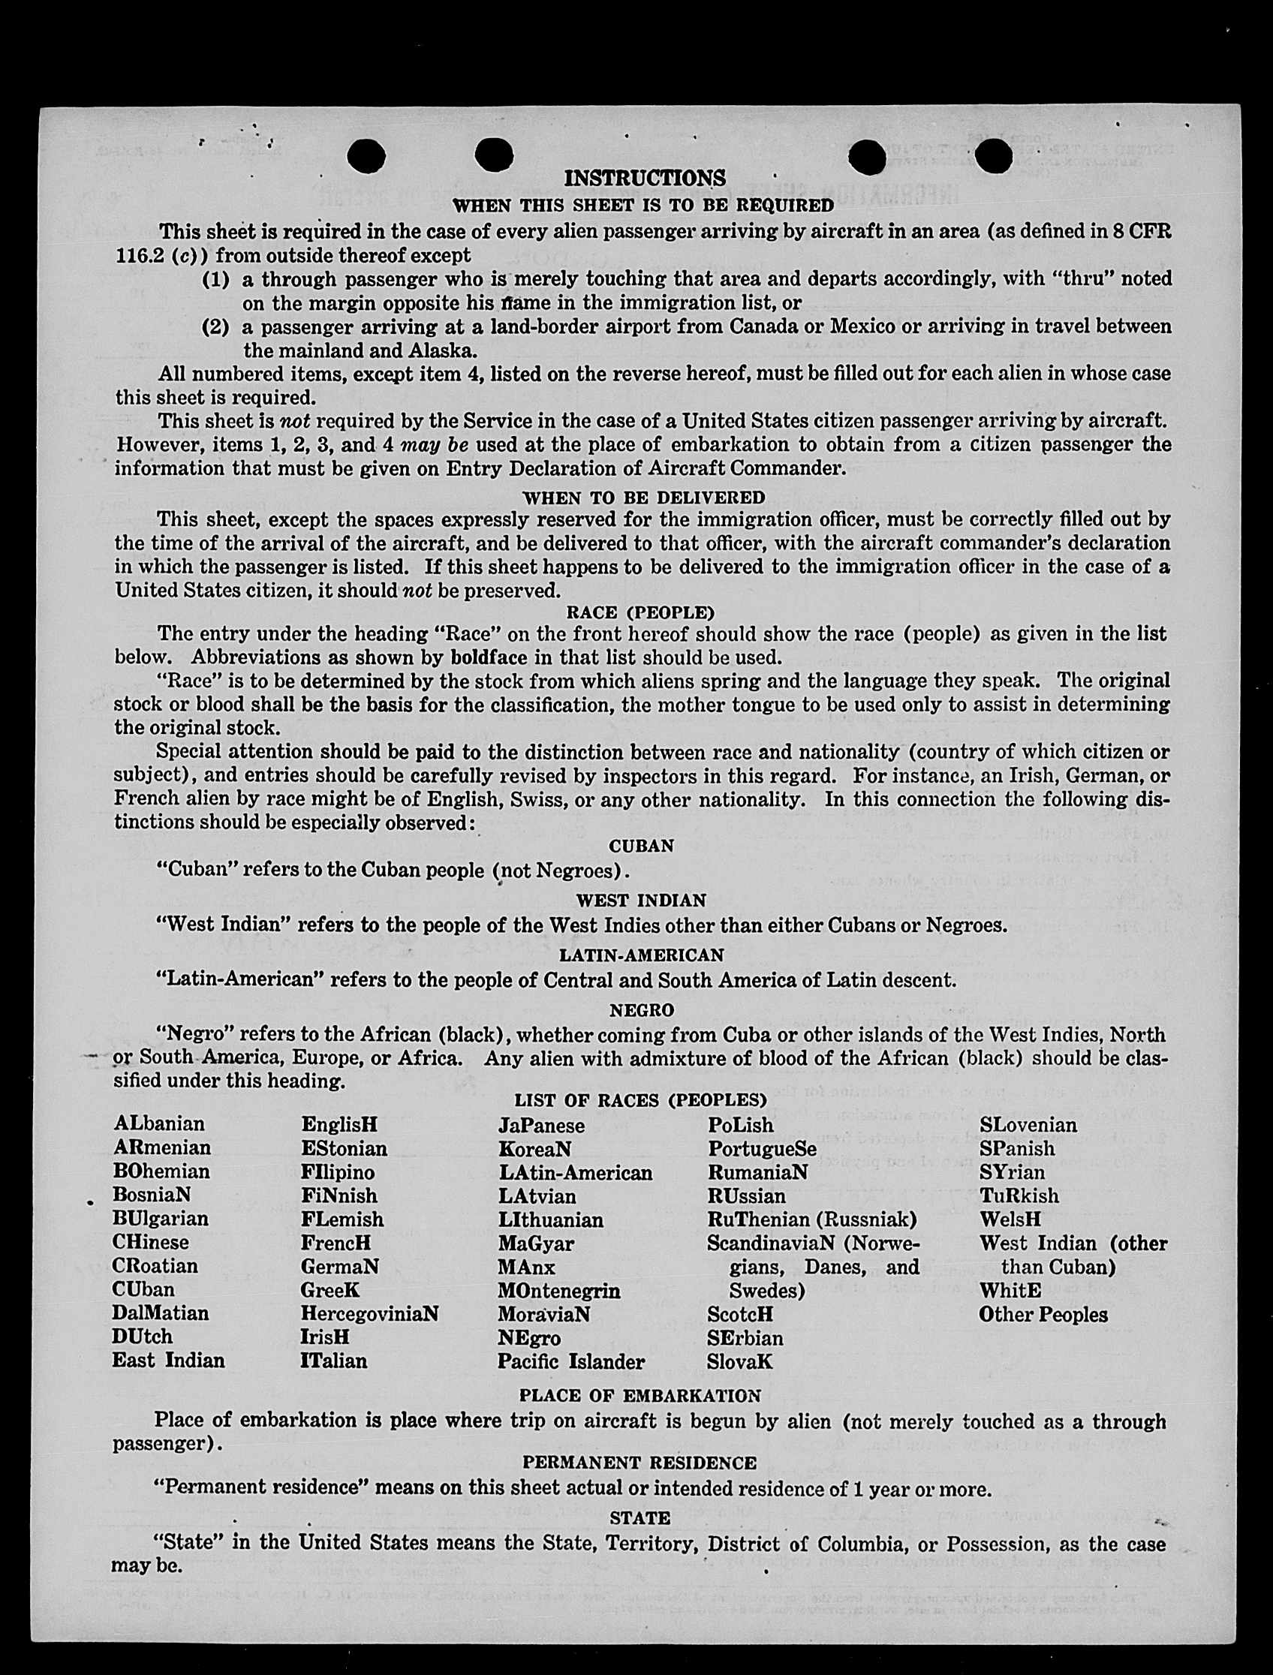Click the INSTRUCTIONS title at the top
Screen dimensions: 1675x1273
(x=645, y=178)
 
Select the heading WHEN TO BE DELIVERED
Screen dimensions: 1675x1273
(x=643, y=497)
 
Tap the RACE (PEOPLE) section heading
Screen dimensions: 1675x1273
(x=640, y=612)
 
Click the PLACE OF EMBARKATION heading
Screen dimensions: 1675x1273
(x=640, y=1394)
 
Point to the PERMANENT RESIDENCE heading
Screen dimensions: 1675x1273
(x=640, y=1462)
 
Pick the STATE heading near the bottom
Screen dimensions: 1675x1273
(x=640, y=1517)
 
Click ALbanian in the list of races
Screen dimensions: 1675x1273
(x=158, y=1123)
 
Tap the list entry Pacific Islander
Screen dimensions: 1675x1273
(x=570, y=1361)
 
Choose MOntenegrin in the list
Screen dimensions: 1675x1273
(x=558, y=1290)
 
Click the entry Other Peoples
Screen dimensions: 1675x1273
(x=1043, y=1314)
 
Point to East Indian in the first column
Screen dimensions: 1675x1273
(x=168, y=1361)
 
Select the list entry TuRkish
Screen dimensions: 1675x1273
(x=1019, y=1195)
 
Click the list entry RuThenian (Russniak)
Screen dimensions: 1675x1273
(x=811, y=1219)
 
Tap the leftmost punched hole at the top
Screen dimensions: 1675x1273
(x=366, y=157)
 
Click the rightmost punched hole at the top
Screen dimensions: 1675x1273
(x=993, y=157)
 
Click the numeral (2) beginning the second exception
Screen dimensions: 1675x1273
(x=215, y=327)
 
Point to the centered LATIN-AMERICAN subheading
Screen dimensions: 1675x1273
(x=641, y=955)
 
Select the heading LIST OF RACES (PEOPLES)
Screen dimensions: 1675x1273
(x=640, y=1099)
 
